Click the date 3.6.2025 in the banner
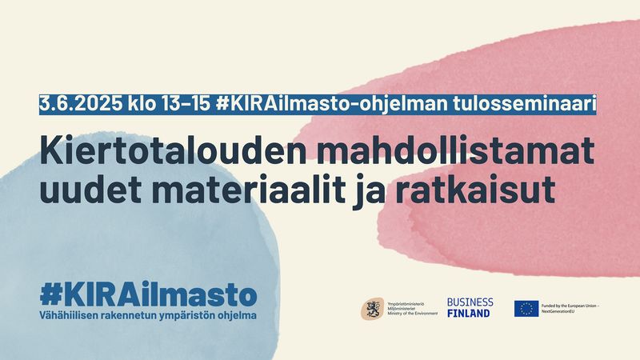81,104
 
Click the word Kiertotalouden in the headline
173,151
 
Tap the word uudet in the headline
90,190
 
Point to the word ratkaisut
475,190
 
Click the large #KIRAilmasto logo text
149,295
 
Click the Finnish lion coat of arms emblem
372,309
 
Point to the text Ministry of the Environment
412,314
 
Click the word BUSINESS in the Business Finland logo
470,302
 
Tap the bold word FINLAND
469,314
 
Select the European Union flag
526,309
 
